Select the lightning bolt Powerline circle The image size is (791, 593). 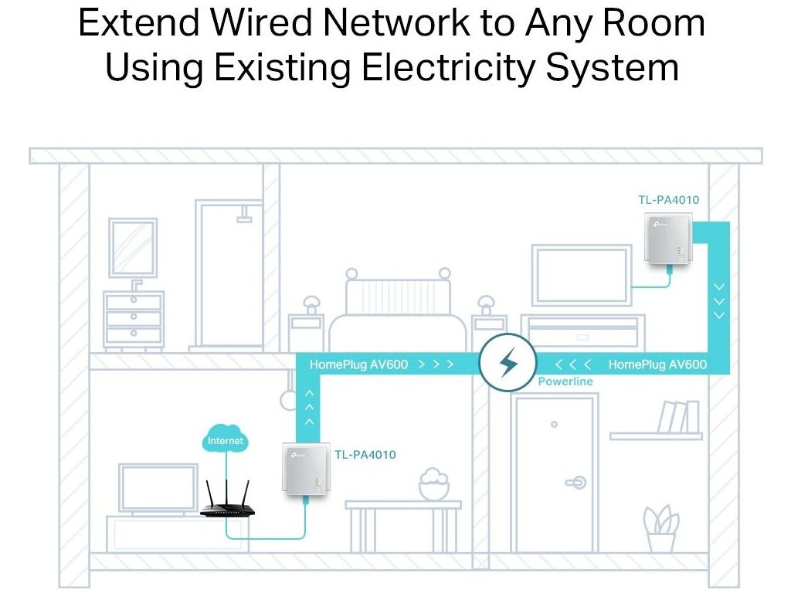[x=508, y=363]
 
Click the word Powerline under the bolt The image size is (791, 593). [x=565, y=381]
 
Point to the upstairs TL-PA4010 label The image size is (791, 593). [x=668, y=200]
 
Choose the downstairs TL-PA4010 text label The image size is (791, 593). [x=365, y=455]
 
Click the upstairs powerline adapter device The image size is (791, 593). [x=665, y=245]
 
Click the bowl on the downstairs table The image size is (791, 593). [x=433, y=486]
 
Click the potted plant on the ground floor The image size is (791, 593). [x=661, y=529]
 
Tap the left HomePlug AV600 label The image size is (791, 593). [x=358, y=364]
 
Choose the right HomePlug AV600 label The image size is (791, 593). [x=657, y=364]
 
